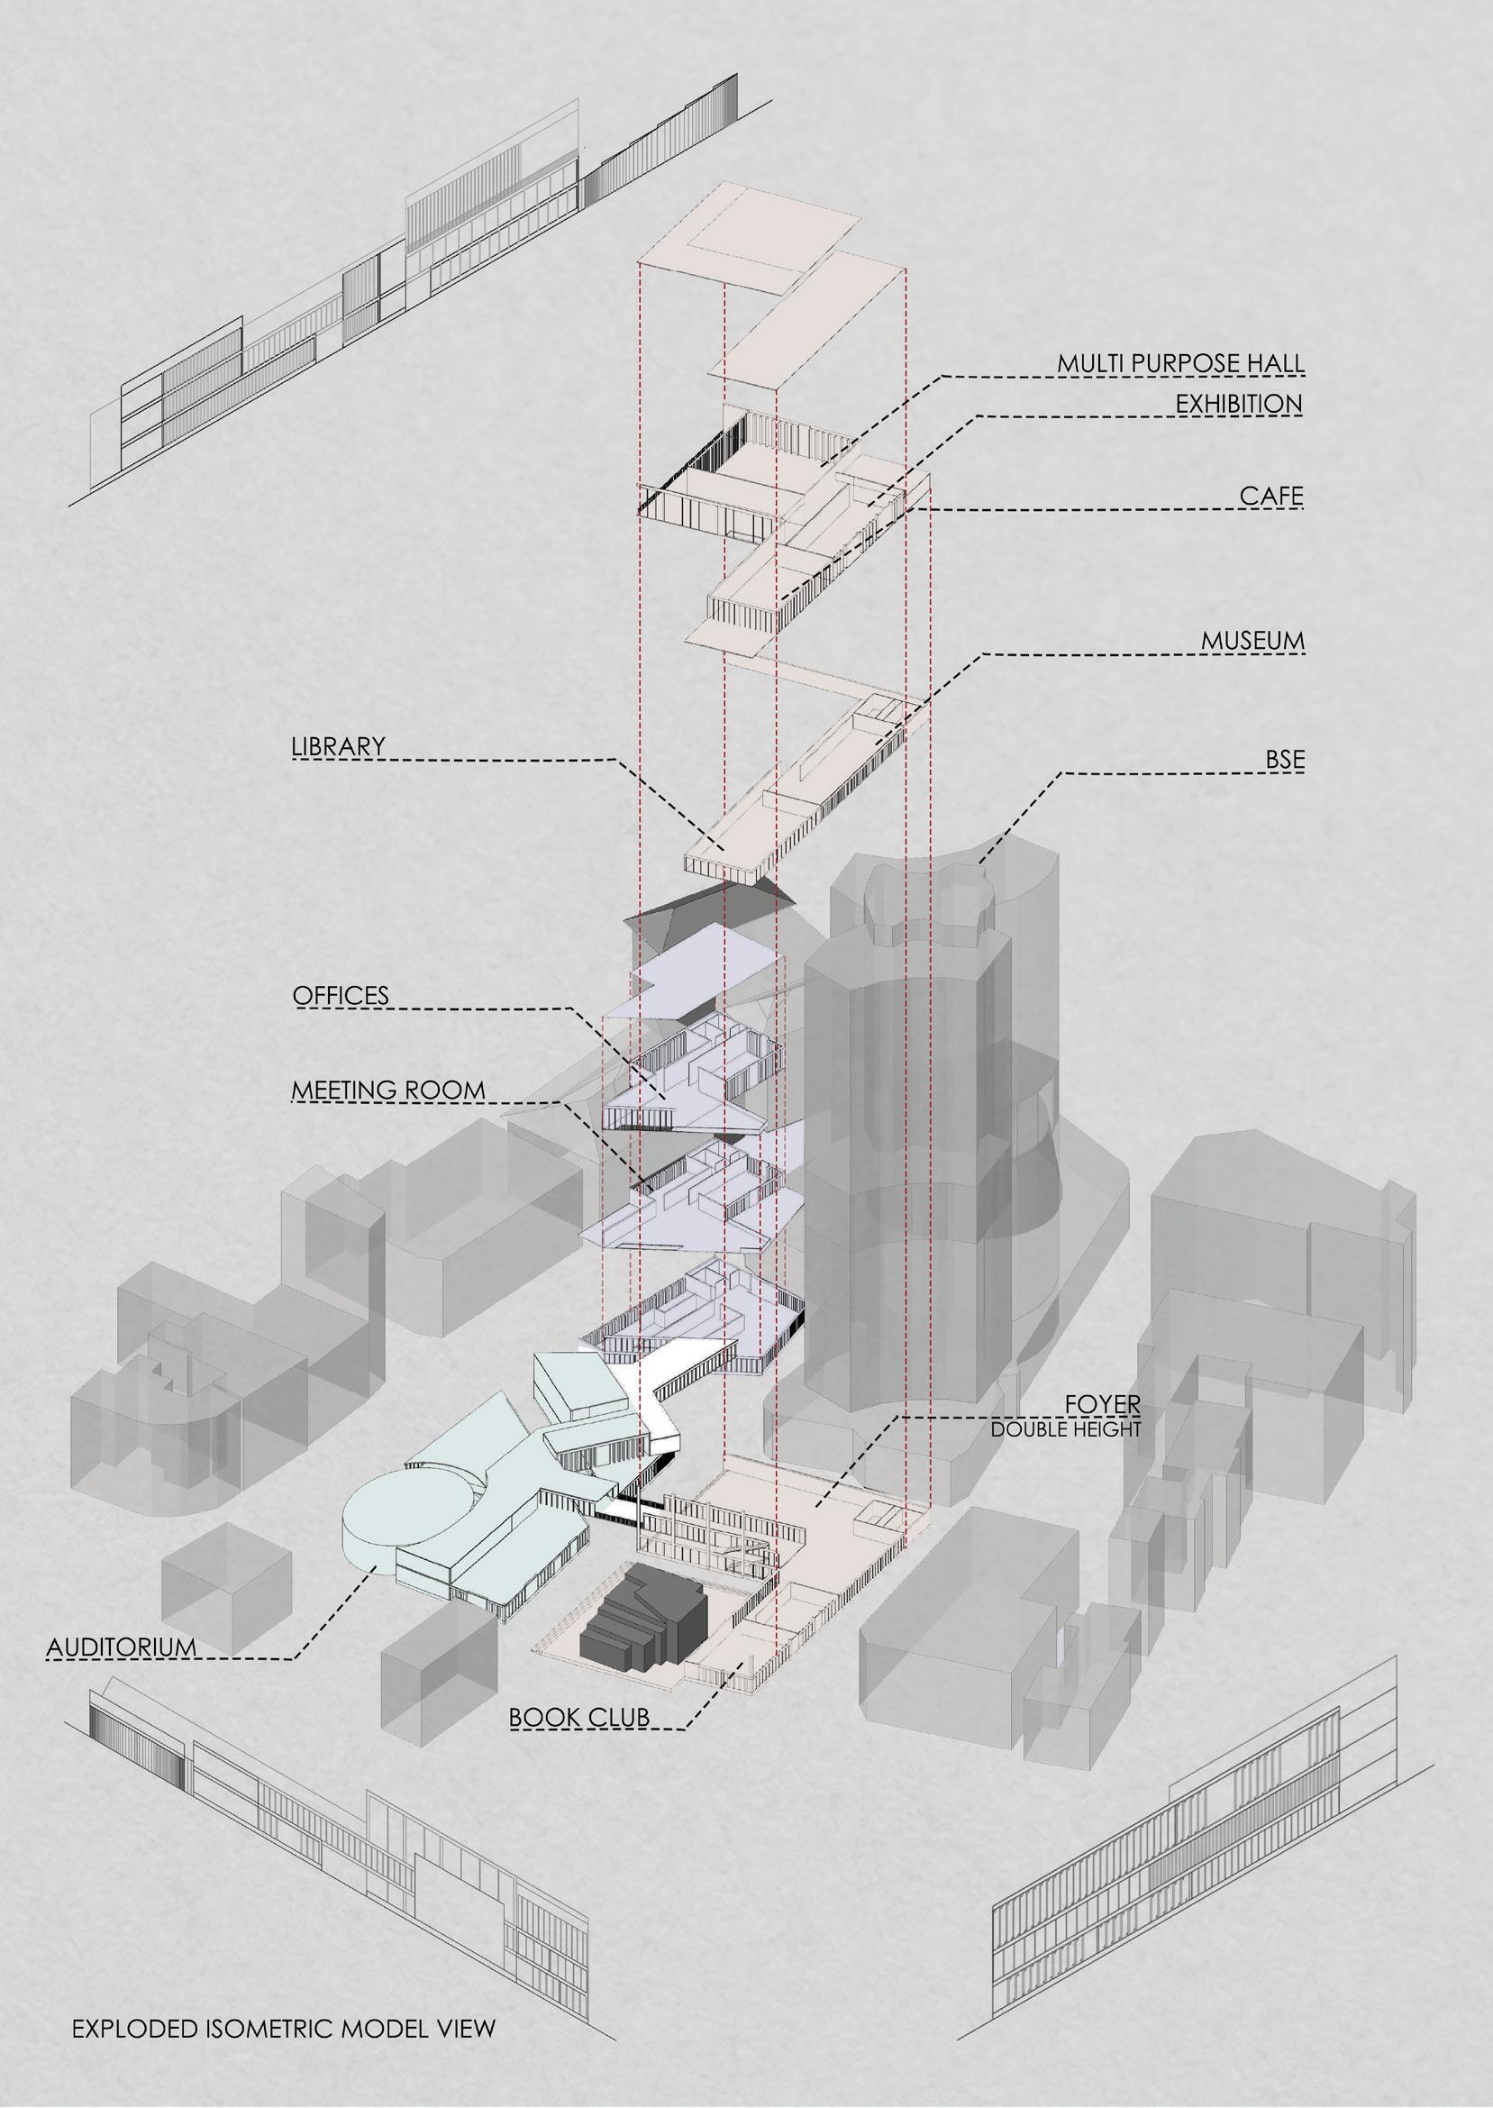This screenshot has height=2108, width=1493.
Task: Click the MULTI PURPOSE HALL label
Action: (x=1179, y=364)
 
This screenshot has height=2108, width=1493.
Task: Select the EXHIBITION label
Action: (x=1238, y=404)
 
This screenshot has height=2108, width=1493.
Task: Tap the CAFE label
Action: (x=1270, y=497)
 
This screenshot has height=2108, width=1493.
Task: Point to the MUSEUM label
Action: (x=1252, y=641)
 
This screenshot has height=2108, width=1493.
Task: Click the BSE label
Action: (x=1284, y=759)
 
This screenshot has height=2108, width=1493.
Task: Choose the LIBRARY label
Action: (x=338, y=746)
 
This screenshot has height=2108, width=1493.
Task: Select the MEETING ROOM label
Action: (x=388, y=1091)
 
